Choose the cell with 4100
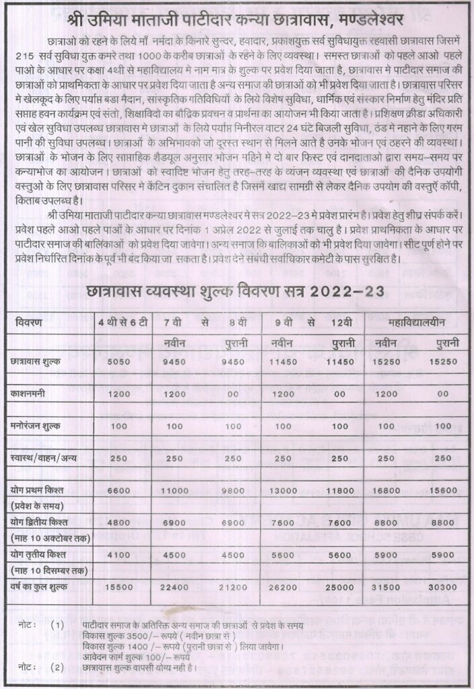[x=118, y=556]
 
